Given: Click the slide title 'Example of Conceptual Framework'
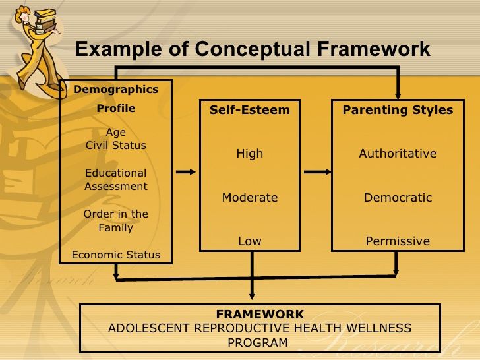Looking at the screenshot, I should [252, 49].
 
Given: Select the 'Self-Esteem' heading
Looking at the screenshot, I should [249, 110].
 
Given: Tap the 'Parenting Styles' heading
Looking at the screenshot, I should [398, 110].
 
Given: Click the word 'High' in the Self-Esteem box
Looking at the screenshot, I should [249, 154].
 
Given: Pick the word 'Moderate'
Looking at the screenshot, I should [249, 198].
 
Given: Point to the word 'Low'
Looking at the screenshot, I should [249, 241].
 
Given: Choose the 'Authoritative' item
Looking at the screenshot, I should [398, 154].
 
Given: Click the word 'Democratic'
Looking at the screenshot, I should [398, 198].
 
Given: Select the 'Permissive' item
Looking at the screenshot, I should [398, 241].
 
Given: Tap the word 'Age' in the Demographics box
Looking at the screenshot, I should [116, 132].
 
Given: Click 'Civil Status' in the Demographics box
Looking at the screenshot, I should [116, 145].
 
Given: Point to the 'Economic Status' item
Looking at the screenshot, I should [116, 255].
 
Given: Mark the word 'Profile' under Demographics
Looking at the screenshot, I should [116, 108].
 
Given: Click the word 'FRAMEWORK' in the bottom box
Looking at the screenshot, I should [260, 315].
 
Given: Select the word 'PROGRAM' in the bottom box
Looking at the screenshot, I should [258, 342].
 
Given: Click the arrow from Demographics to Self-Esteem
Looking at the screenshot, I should [187, 172].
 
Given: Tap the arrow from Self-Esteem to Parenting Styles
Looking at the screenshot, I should [318, 172].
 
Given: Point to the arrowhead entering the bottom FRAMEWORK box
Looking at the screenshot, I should [252, 296].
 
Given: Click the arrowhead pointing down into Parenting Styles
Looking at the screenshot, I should [398, 93].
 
